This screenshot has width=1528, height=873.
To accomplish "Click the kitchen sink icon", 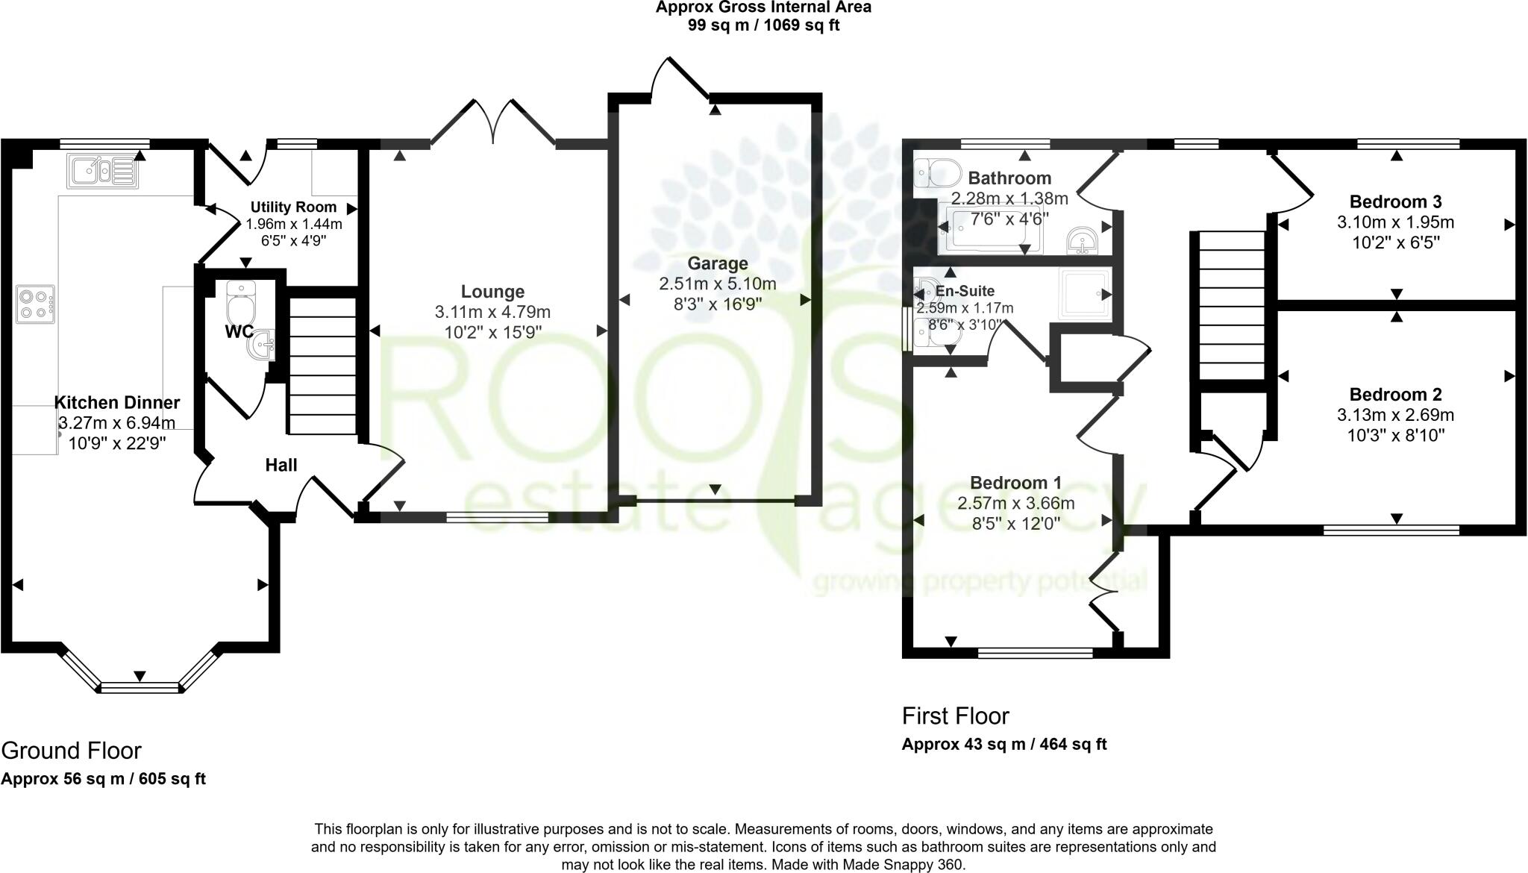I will tap(102, 170).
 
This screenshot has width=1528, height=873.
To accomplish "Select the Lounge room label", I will tap(492, 292).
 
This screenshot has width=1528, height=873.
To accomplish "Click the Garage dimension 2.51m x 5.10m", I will tap(717, 284).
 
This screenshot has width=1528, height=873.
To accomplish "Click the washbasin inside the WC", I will tap(263, 345).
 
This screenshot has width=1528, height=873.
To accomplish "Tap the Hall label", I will tap(281, 465).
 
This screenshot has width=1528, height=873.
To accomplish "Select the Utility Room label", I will tap(293, 207).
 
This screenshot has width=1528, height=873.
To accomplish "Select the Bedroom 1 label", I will tap(1015, 483).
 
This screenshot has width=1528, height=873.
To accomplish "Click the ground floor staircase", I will tap(322, 366).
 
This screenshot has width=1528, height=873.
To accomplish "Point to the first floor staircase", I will tap(1231, 306).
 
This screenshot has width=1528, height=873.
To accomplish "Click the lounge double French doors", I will tap(493, 123).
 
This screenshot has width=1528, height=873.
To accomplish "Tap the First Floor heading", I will tap(955, 716).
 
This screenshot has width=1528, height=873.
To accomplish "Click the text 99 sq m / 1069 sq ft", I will tap(763, 25).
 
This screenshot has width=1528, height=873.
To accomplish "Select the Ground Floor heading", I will tap(71, 750).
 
